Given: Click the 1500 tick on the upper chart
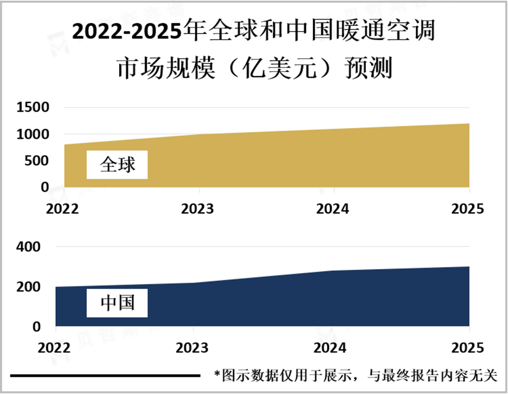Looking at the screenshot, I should coord(33,108).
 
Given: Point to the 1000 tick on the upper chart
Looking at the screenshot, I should coord(33,134).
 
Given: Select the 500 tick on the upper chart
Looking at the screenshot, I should coord(38,161).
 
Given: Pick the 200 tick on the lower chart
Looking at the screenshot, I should coord(29,287).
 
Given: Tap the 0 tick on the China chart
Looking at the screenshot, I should coord(36,326).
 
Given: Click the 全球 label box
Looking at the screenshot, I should coord(117,164).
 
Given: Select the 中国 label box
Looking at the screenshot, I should coord(117,303).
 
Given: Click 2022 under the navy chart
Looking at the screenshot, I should coord(56,347).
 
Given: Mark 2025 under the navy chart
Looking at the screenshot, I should coord(467,347).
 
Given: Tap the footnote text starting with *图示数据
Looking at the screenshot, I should coord(355,375).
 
